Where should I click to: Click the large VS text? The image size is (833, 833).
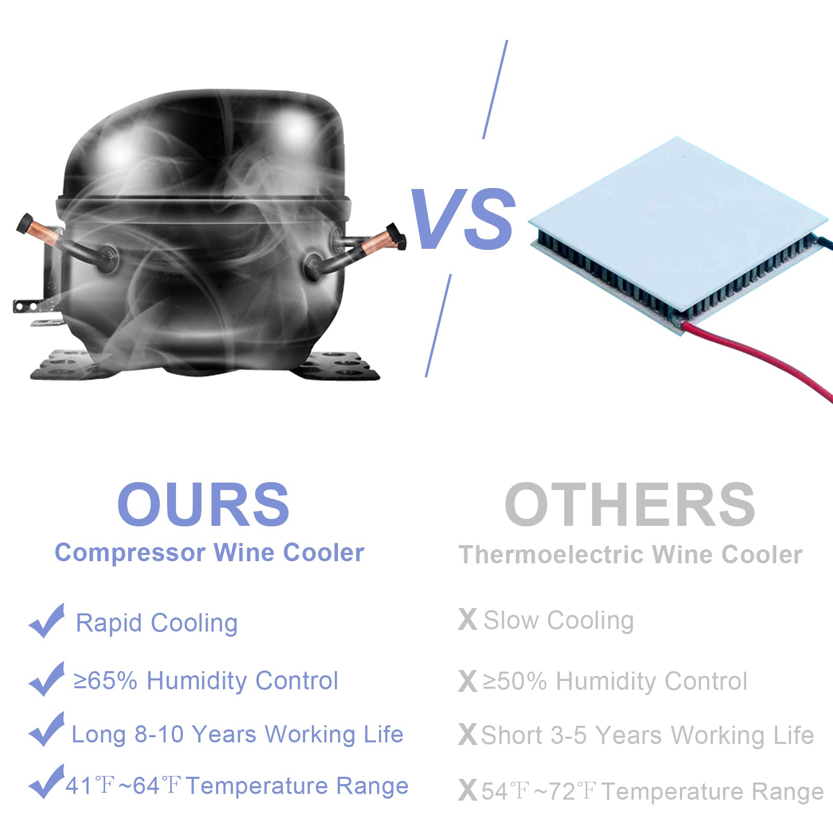click(x=463, y=219)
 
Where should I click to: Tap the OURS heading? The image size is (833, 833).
click(x=203, y=504)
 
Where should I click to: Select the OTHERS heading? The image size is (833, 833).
click(x=630, y=504)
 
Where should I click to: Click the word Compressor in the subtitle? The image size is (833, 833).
click(x=130, y=553)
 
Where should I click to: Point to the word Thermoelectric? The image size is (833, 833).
click(x=552, y=554)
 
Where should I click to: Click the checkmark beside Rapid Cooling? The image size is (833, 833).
click(x=47, y=621)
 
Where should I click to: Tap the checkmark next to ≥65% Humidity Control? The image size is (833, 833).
click(x=47, y=679)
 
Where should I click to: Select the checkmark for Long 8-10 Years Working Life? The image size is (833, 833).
click(x=47, y=729)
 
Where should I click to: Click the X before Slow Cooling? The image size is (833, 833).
click(x=468, y=620)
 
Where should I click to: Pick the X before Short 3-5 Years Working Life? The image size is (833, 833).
click(x=468, y=735)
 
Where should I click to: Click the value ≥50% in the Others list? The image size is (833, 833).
click(x=515, y=681)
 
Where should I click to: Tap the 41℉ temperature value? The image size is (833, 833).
click(x=90, y=786)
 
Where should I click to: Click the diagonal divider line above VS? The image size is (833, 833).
click(x=495, y=90)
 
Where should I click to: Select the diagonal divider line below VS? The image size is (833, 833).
click(x=438, y=325)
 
